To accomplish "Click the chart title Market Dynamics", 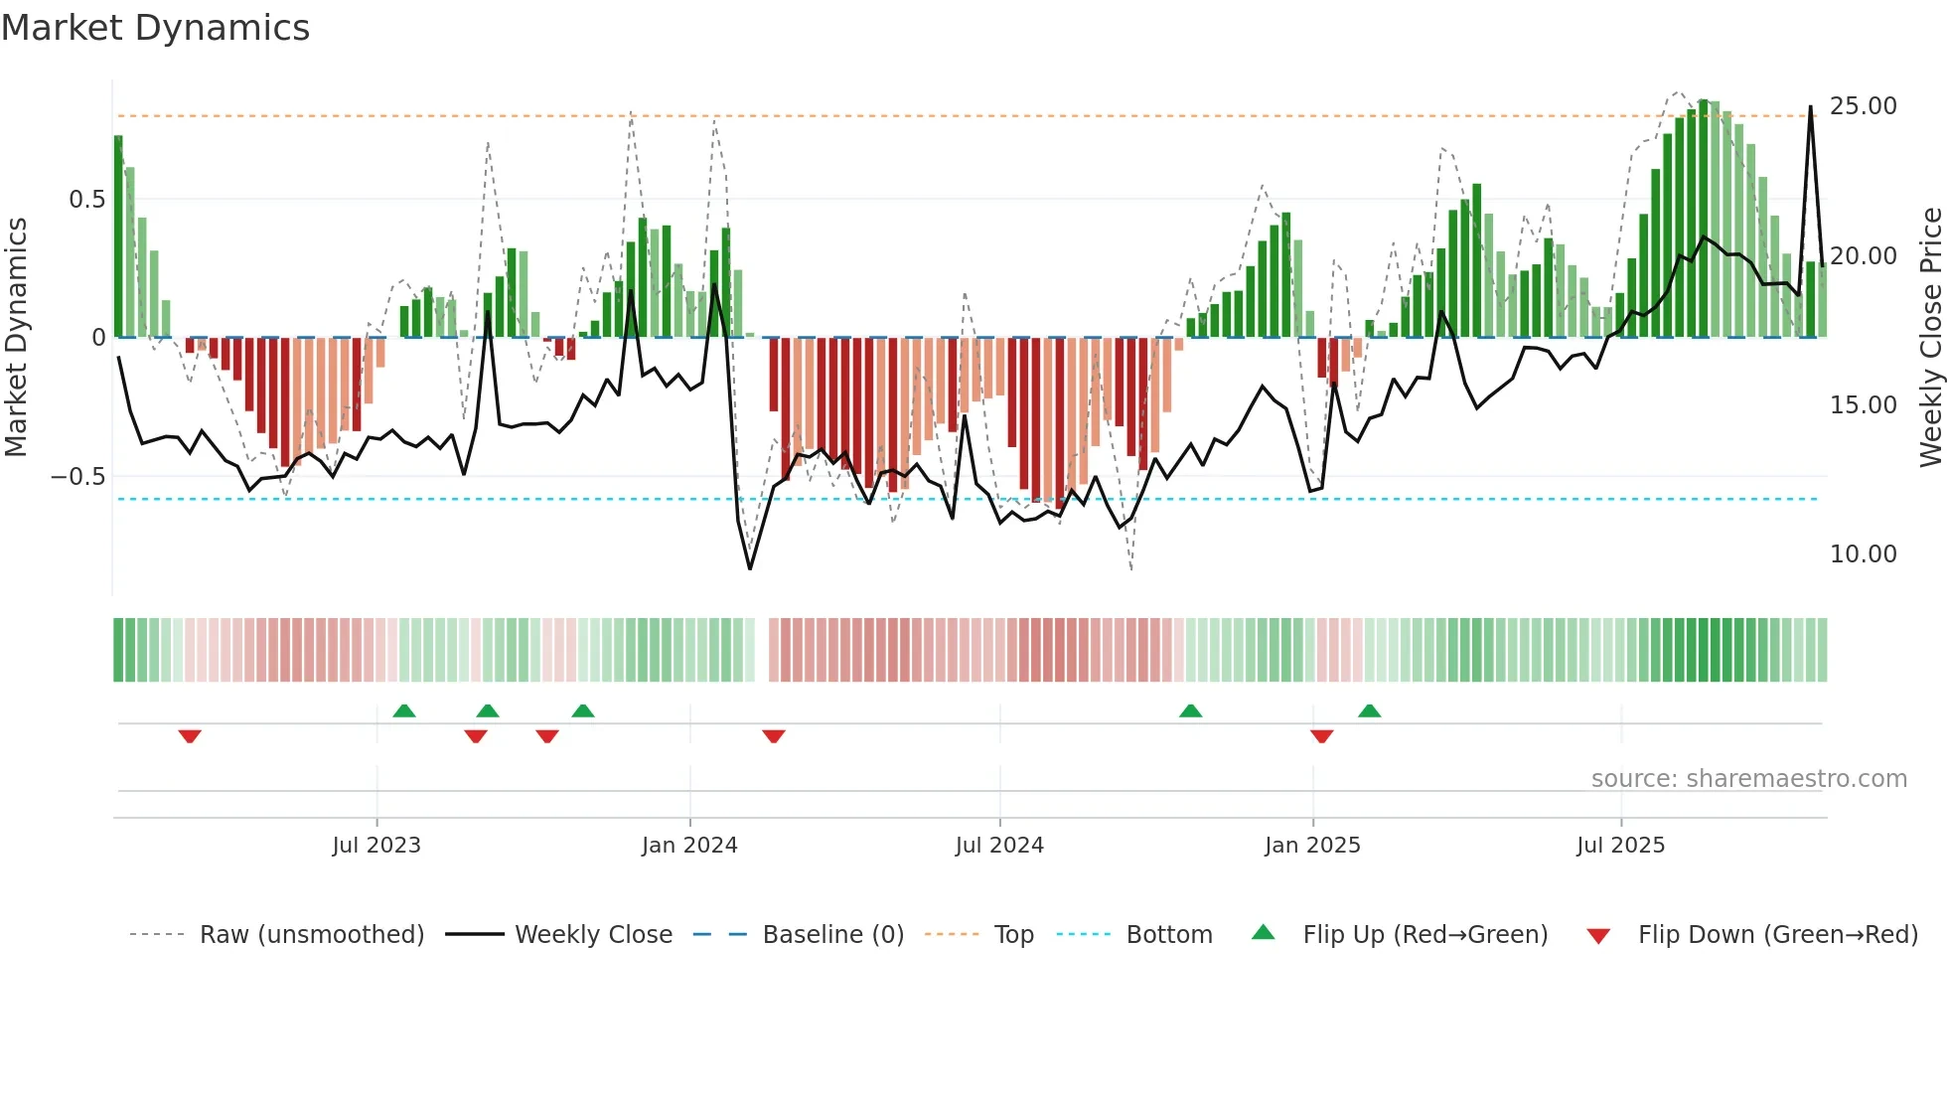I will coord(156,28).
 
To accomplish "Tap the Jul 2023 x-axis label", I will coord(376,846).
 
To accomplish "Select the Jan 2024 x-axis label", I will coord(689,846).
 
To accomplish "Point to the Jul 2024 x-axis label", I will coord(999,846).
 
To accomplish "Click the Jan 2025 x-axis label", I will coord(1312,846).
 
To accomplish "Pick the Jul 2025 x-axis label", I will coord(1620,846).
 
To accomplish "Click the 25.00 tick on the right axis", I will coord(1863,106).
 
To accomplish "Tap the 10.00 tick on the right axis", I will coord(1863,554).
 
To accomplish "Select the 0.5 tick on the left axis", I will coord(86,200).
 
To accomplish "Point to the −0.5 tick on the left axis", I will coord(78,477).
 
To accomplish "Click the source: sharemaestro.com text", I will coord(1748,779).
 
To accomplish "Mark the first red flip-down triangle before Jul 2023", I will coord(190,736).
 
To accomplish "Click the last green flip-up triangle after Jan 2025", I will coord(1369,710).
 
